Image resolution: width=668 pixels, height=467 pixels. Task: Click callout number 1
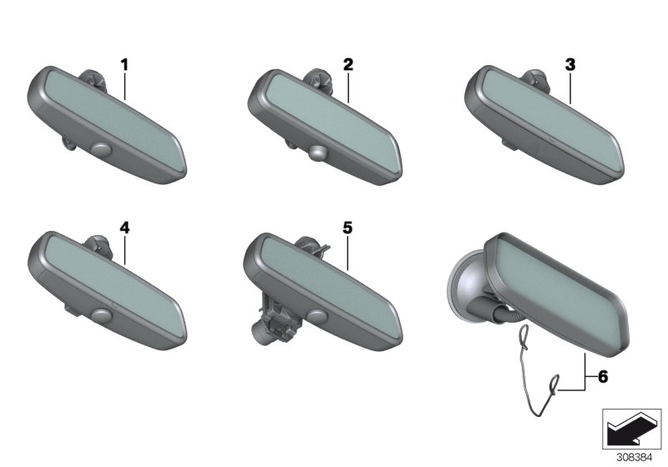124,66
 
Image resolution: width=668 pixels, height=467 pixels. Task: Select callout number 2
348,65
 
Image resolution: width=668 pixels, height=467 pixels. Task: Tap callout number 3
570,65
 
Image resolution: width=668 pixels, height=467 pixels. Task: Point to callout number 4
124,228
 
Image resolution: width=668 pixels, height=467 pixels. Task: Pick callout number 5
347,228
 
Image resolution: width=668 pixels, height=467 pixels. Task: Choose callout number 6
603,376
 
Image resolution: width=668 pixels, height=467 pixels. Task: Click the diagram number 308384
635,458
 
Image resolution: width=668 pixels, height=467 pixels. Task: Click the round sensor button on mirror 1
101,150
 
